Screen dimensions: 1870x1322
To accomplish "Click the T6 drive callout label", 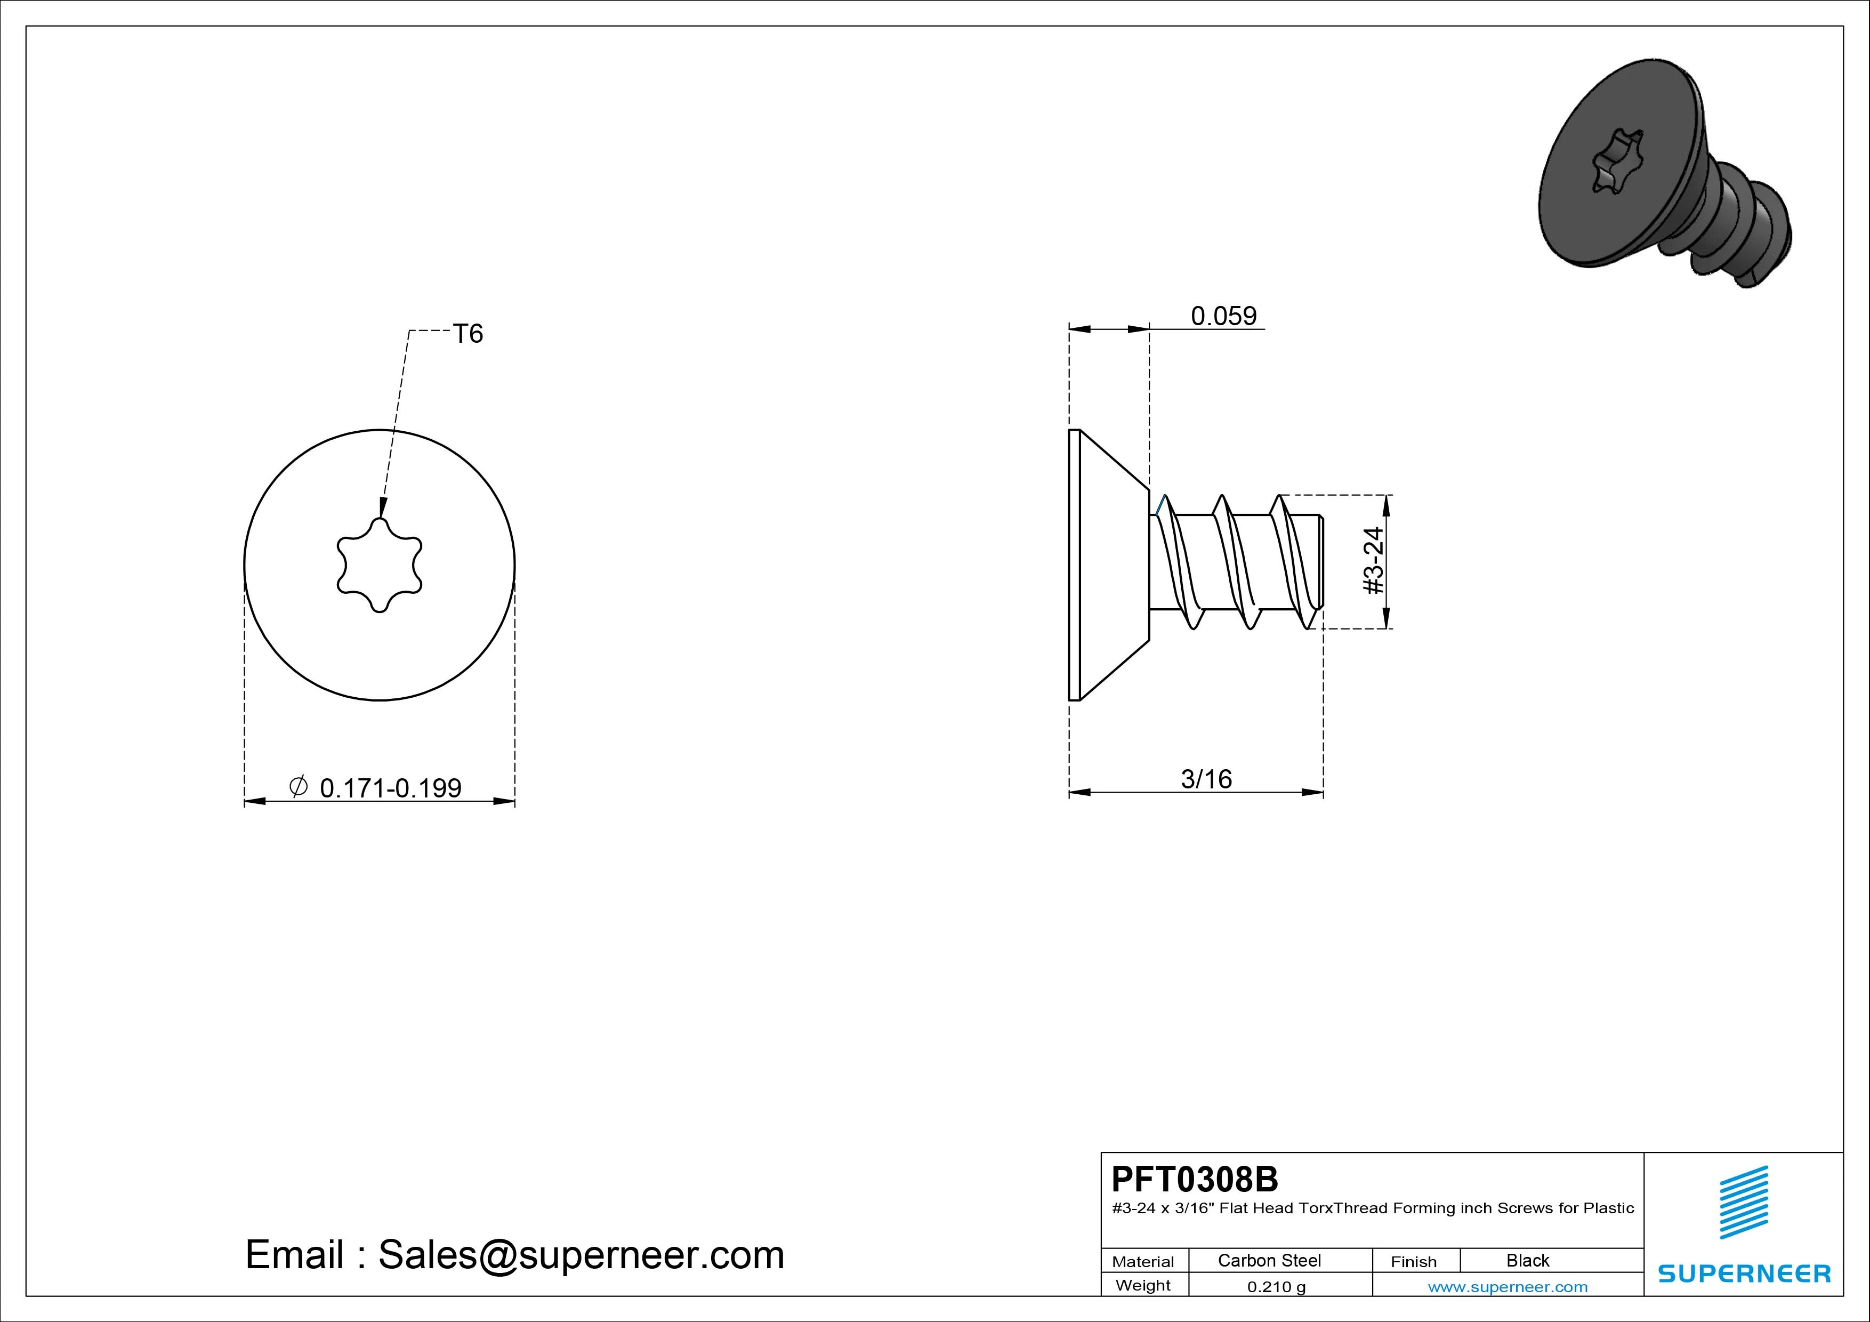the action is [x=469, y=334].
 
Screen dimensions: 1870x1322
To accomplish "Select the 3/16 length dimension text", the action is [x=1206, y=779].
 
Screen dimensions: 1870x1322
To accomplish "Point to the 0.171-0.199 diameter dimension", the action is [x=391, y=788].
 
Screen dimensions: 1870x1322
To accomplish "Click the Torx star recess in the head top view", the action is [x=380, y=565].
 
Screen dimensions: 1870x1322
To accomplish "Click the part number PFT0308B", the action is [x=1195, y=1179].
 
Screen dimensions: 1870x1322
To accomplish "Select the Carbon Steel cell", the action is [x=1269, y=1260].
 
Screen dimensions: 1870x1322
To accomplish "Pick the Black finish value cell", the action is [x=1528, y=1260].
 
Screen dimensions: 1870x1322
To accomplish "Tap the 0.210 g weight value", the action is [x=1276, y=1287].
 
